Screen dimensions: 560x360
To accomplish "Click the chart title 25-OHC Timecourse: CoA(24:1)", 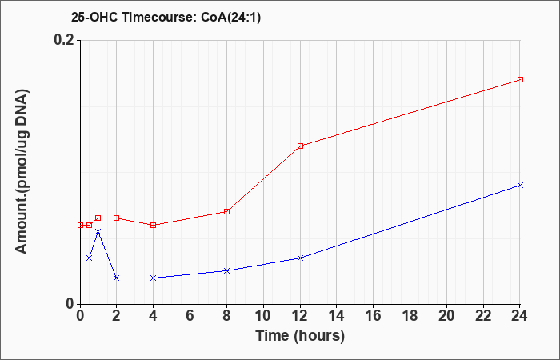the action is click(x=166, y=18).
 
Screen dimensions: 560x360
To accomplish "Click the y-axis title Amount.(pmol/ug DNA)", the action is click(x=22, y=171).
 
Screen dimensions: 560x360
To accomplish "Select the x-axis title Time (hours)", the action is click(x=300, y=336).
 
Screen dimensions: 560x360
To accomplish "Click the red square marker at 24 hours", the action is click(x=520, y=80).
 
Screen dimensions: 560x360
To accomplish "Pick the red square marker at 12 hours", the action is click(x=300, y=146).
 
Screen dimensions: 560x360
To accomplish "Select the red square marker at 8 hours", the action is click(x=226, y=211).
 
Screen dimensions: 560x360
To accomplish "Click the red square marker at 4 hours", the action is click(x=154, y=225).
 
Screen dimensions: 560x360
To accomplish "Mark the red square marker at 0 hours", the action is click(x=80, y=225).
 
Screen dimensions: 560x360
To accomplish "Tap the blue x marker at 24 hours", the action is click(x=520, y=185).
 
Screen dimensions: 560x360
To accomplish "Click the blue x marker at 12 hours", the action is click(x=300, y=258).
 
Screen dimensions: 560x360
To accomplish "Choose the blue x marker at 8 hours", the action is click(x=226, y=270).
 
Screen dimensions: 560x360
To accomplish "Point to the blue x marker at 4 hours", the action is click(x=154, y=278).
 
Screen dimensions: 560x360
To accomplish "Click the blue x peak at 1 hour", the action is click(x=98, y=232).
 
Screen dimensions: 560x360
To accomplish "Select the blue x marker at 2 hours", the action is click(x=117, y=278).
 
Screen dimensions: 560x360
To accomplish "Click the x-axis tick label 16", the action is click(x=374, y=316).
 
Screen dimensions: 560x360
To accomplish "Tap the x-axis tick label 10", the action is click(x=263, y=316).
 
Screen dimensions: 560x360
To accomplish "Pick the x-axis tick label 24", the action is click(x=520, y=316).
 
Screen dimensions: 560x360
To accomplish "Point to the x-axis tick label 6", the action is click(x=190, y=316).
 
